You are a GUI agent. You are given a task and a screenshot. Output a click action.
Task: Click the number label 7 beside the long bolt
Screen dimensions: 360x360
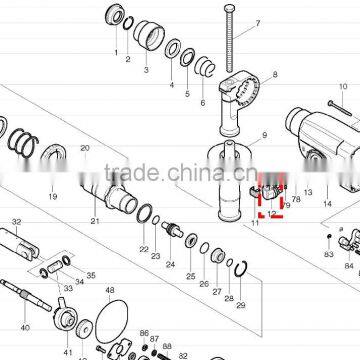[255, 23]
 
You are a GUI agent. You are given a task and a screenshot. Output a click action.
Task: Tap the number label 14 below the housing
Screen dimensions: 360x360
[327, 203]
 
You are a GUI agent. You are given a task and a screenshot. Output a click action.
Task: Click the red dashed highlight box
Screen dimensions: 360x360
[271, 204]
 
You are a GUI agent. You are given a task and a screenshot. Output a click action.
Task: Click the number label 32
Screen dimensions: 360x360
[16, 222]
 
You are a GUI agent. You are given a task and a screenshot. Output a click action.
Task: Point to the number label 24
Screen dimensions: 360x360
[169, 265]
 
